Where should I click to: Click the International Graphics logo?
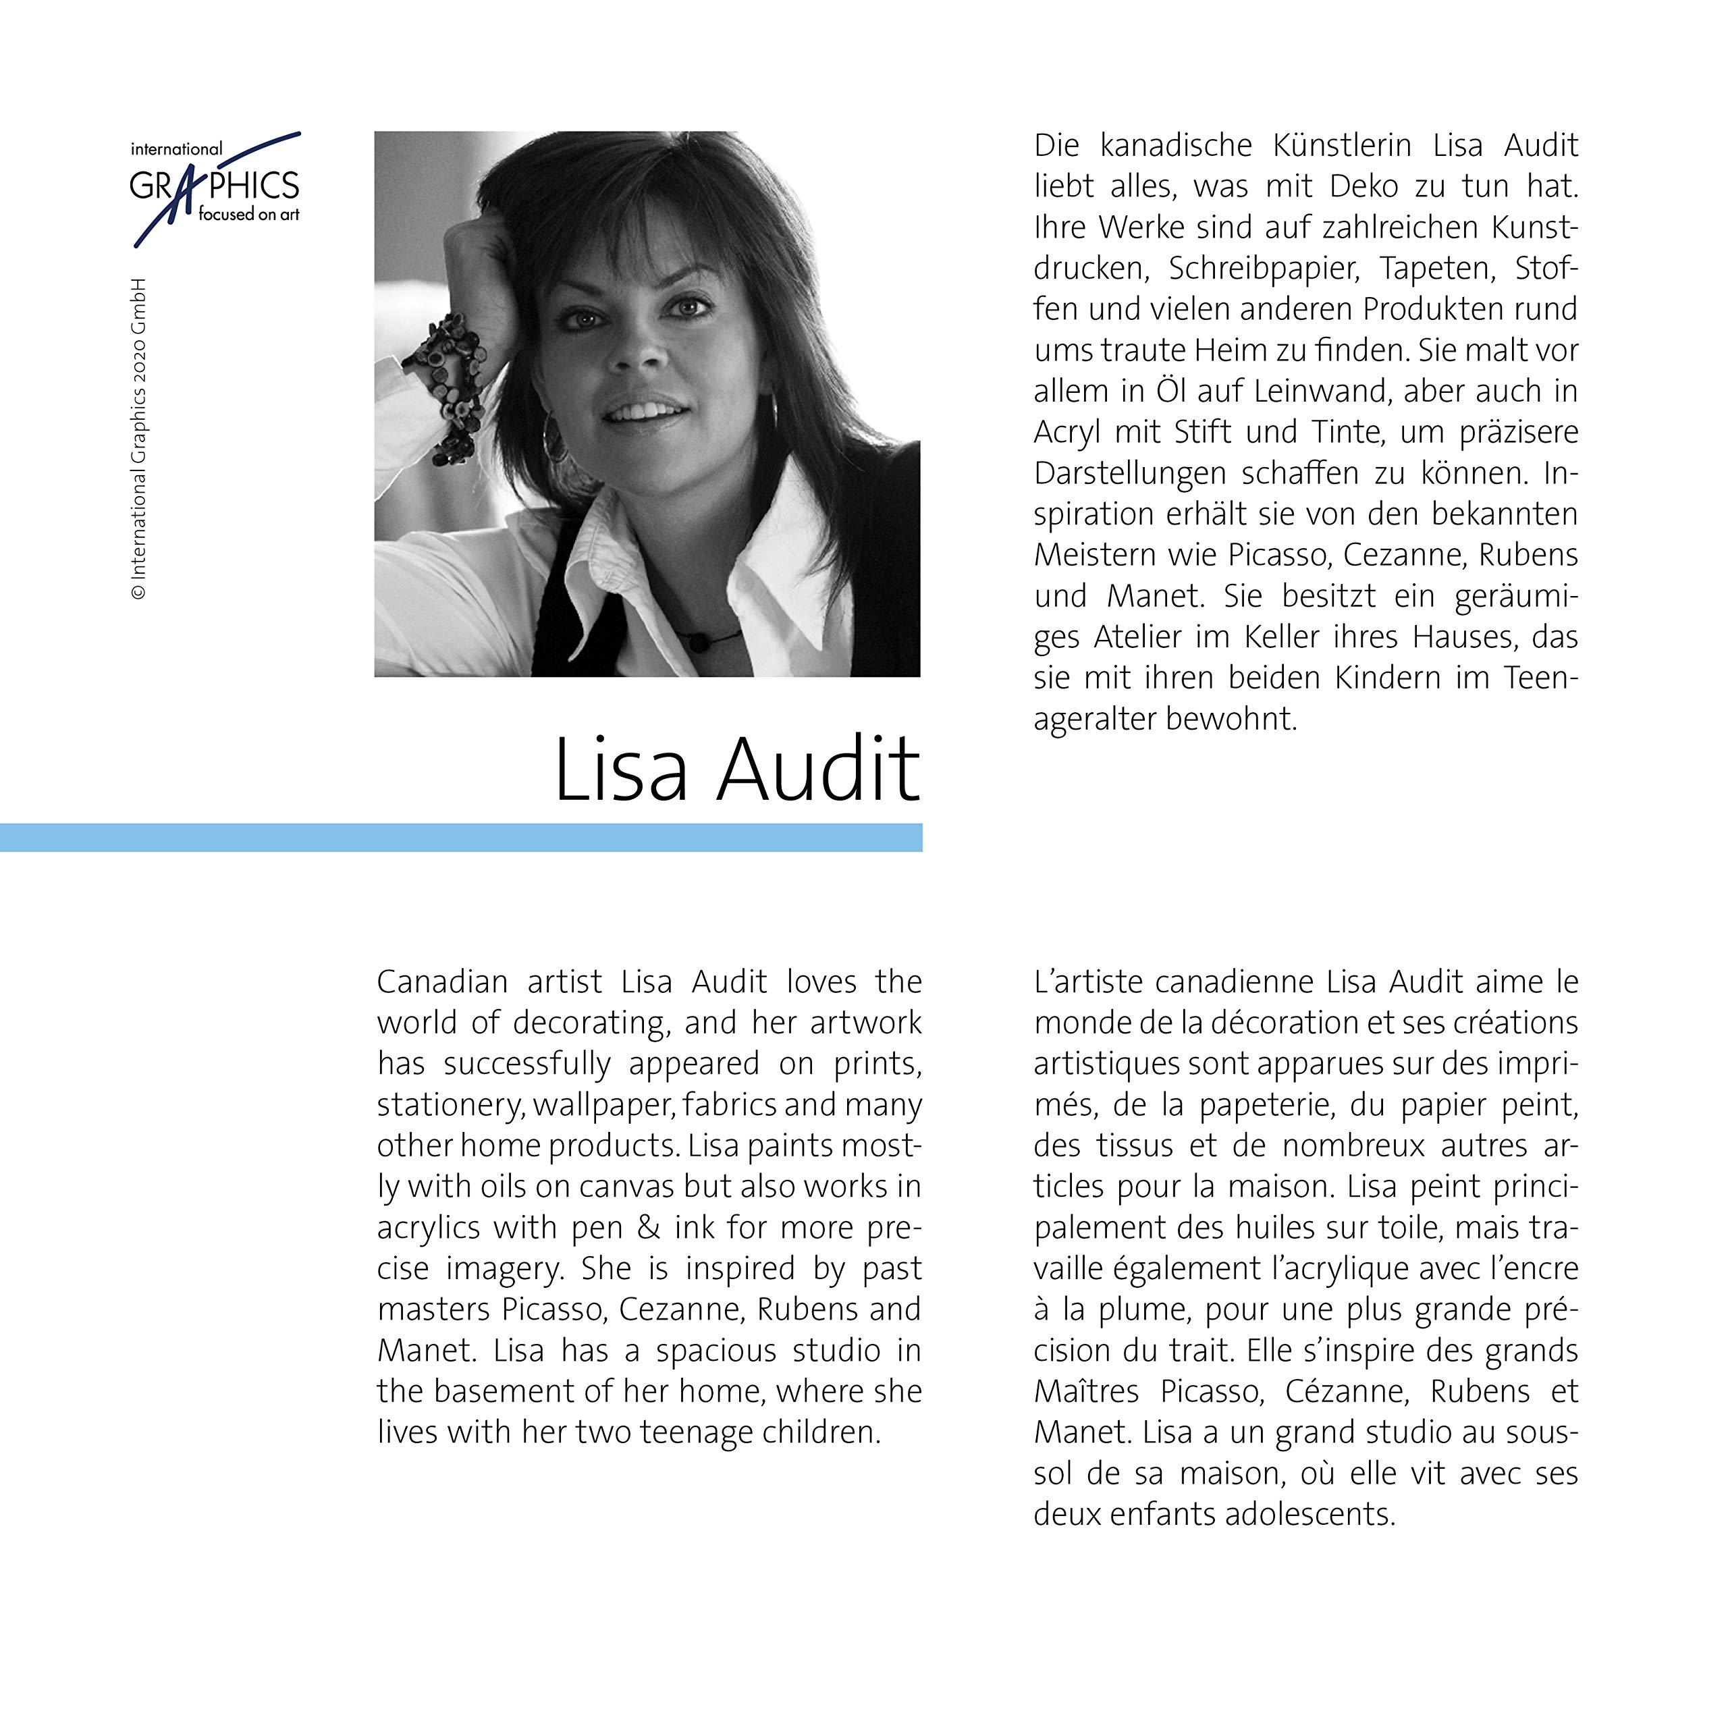(215, 186)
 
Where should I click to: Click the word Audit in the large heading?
(817, 770)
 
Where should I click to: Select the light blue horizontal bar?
(460, 837)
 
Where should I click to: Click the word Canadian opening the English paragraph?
(442, 982)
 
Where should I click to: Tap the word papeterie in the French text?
(1265, 1104)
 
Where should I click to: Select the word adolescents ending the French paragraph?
(1309, 1514)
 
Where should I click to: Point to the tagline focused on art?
(248, 215)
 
